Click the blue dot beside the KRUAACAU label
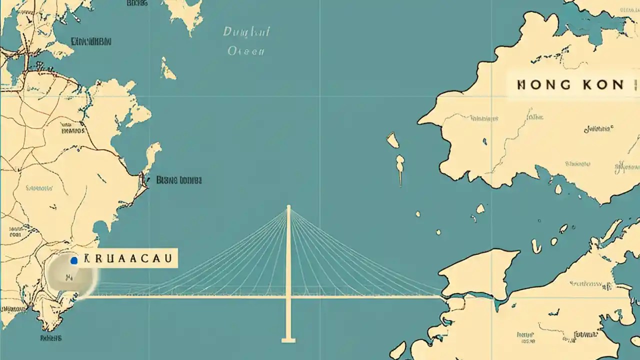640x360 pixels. pos(74,260)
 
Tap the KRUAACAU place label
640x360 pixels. pos(128,258)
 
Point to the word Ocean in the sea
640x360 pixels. pos(246,51)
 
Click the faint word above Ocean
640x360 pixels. pos(246,32)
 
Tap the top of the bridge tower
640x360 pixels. pos(288,206)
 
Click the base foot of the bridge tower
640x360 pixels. pos(288,340)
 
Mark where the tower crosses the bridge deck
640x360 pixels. pos(288,296)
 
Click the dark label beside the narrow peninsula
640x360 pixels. pos(179,180)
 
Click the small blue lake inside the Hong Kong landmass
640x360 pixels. pos(484,142)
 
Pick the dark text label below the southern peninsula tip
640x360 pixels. pos(51,338)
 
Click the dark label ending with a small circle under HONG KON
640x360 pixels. pos(598,129)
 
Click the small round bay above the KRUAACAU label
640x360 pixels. pos(100,227)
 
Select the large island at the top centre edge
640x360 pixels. pos(184,12)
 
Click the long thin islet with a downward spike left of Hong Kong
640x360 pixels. pos(400,167)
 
